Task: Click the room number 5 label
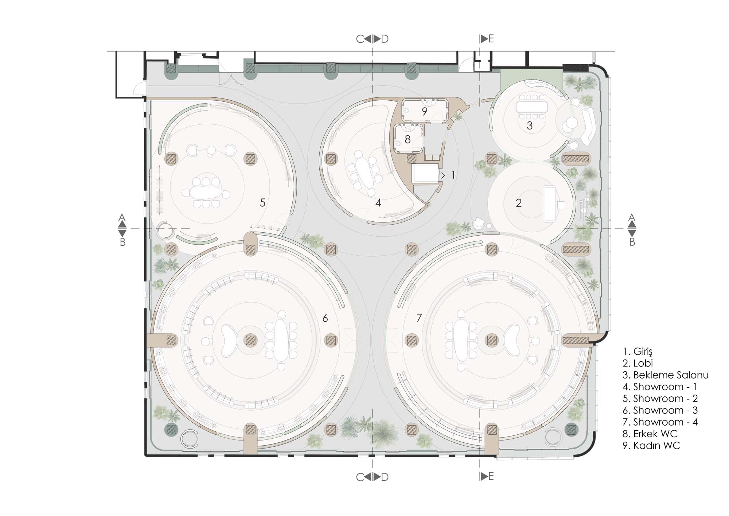262,203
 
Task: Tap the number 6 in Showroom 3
325,318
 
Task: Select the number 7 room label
419,318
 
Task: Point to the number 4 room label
378,203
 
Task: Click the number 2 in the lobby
519,203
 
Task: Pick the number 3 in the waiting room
530,126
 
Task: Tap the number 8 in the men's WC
408,139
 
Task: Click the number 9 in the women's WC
424,112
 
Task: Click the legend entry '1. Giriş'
638,352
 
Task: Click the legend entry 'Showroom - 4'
666,422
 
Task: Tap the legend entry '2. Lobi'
638,363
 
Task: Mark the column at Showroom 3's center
250,340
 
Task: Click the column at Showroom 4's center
492,340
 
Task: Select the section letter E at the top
491,39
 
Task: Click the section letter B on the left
123,242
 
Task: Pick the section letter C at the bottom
360,477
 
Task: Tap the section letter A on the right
632,218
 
